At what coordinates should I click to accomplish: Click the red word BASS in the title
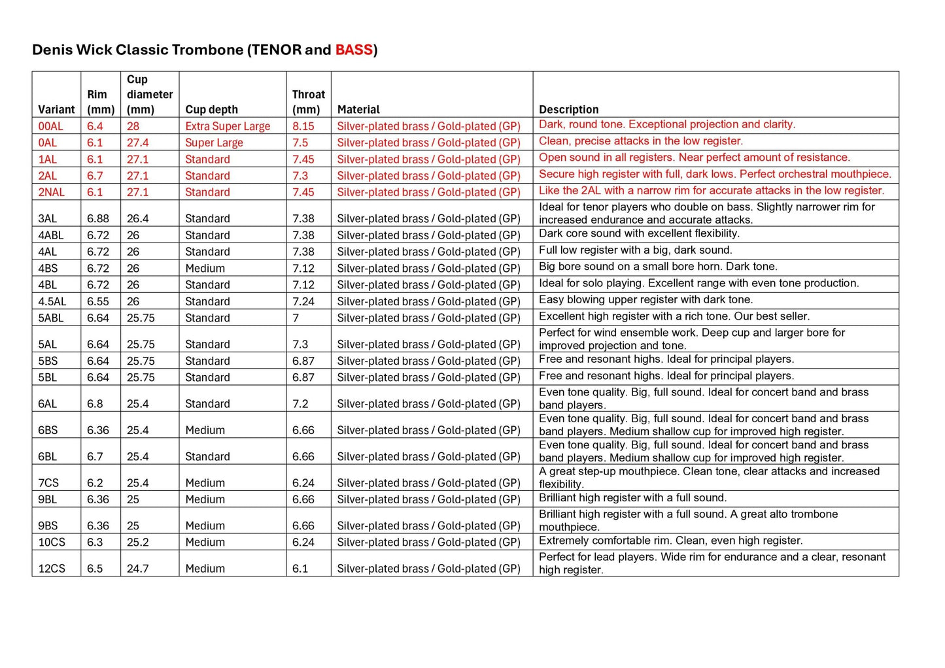(353, 50)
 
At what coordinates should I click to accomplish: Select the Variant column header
(56, 109)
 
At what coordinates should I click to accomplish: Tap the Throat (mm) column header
(308, 102)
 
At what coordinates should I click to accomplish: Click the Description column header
(568, 109)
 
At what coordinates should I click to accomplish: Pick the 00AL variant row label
(50, 126)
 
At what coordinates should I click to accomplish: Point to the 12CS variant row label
(52, 569)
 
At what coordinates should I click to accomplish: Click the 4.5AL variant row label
(52, 301)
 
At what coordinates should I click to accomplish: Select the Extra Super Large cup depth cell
(228, 126)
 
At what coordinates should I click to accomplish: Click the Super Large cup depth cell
(214, 142)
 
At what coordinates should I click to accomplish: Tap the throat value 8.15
(303, 126)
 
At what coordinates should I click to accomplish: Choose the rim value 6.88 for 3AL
(98, 218)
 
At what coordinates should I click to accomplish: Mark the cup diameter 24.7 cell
(137, 569)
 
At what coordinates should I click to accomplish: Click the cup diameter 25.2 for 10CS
(137, 542)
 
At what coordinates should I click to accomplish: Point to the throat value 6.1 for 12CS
(300, 569)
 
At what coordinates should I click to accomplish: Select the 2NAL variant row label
(52, 192)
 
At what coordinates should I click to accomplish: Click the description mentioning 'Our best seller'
(674, 316)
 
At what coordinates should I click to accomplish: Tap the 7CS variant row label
(48, 483)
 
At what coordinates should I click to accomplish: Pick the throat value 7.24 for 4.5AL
(303, 301)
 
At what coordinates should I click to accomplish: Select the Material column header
(358, 109)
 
